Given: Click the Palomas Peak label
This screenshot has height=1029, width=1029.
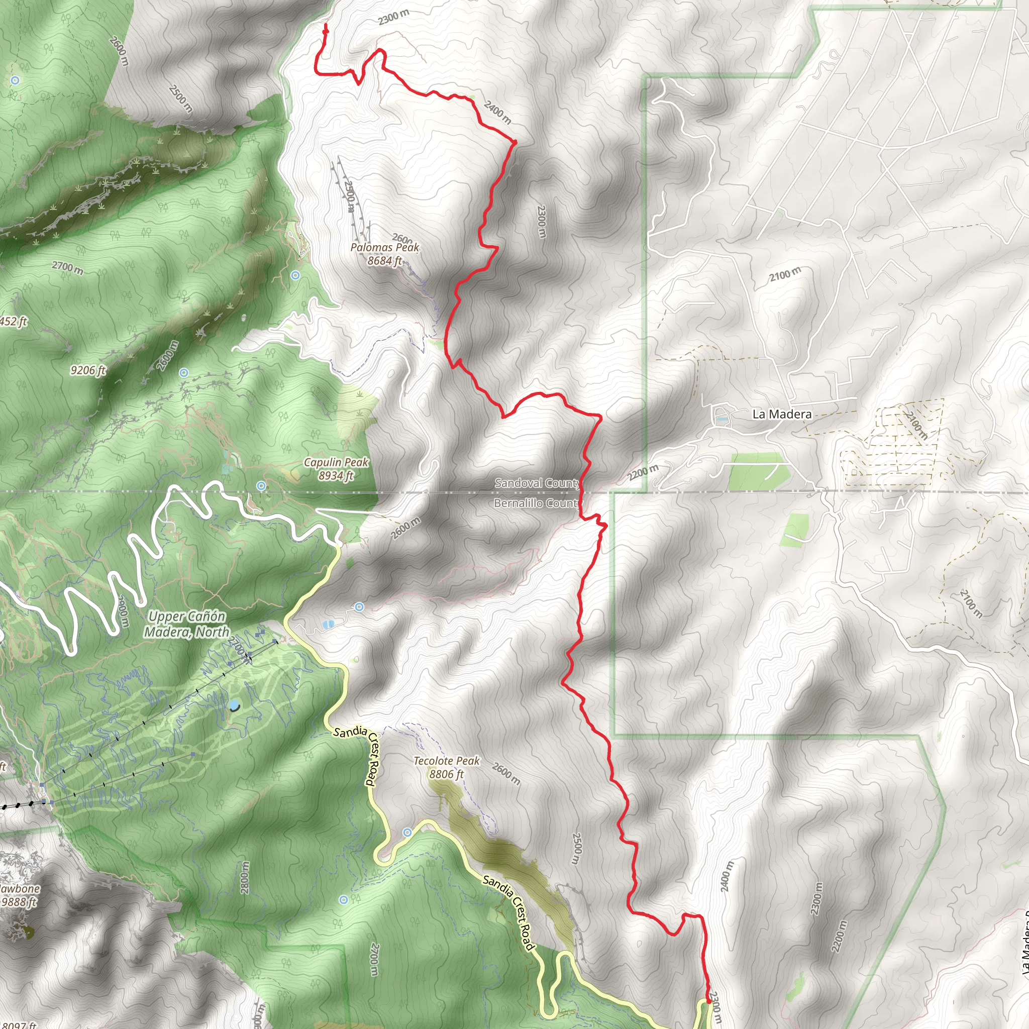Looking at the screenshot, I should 384,248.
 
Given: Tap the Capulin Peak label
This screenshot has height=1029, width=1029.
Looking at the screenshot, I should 336,462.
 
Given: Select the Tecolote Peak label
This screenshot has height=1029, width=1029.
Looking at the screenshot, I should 446,761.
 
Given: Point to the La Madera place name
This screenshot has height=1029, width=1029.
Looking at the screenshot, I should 782,415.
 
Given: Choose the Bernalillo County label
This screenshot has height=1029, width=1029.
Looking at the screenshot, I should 536,503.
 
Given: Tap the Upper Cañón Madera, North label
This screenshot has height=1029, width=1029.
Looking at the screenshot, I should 186,624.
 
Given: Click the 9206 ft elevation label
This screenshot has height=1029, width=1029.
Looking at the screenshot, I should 88,370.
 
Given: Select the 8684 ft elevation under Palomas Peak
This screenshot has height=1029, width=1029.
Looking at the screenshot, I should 384,261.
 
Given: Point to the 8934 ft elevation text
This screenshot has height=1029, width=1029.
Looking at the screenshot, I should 336,476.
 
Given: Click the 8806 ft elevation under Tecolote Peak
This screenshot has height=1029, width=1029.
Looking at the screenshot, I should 446,774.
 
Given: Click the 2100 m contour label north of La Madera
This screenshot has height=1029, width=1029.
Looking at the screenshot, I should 784,275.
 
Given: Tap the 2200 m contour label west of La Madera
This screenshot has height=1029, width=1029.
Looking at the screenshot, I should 644,472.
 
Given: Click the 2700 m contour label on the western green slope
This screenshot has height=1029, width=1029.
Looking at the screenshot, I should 68,267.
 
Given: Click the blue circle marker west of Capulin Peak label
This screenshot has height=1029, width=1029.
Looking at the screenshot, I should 261,486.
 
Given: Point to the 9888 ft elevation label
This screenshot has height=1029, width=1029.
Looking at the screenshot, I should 19,902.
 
